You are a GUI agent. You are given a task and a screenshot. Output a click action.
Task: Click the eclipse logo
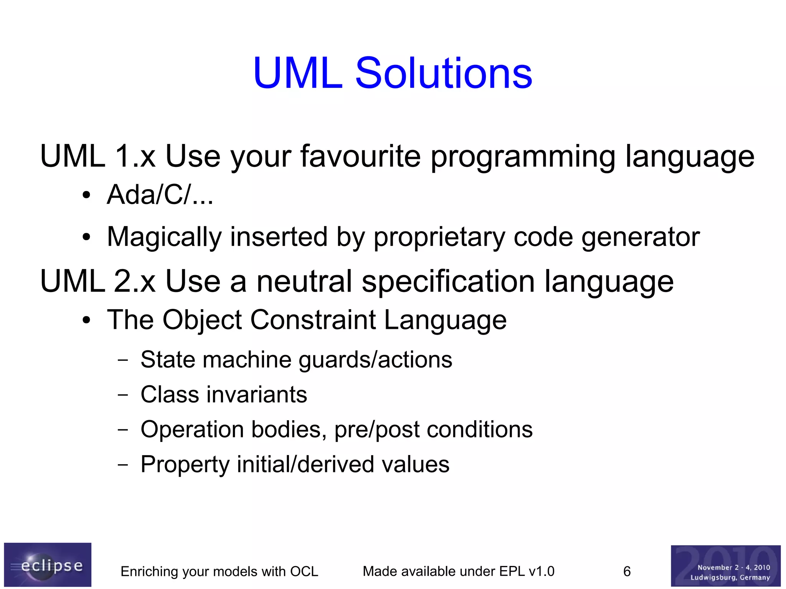pyautogui.click(x=48, y=564)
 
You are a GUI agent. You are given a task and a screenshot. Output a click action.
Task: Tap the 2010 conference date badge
pyautogui.click(x=725, y=566)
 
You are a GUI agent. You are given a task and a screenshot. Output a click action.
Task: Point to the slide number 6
pyautogui.click(x=627, y=571)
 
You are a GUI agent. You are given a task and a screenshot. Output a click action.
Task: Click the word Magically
pyautogui.click(x=164, y=237)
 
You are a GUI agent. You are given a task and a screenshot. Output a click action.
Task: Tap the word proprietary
pyautogui.click(x=439, y=237)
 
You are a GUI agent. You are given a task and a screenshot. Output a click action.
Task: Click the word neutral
pyautogui.click(x=304, y=281)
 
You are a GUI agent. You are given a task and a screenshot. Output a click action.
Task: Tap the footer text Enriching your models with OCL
pyautogui.click(x=219, y=571)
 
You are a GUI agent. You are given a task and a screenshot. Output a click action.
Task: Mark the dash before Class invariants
pyautogui.click(x=123, y=394)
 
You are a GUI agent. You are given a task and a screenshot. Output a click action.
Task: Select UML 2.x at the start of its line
pyautogui.click(x=98, y=281)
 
